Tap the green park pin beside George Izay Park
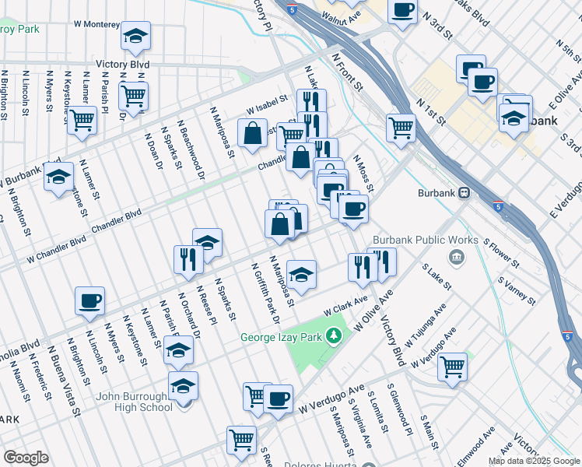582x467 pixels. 334,336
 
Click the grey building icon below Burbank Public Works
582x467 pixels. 456,256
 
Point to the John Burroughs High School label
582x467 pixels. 134,402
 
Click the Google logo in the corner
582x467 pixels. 26,457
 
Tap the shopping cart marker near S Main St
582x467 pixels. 452,366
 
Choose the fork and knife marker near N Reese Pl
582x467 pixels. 188,259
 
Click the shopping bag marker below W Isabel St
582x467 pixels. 254,133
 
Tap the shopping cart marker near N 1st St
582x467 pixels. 401,126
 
